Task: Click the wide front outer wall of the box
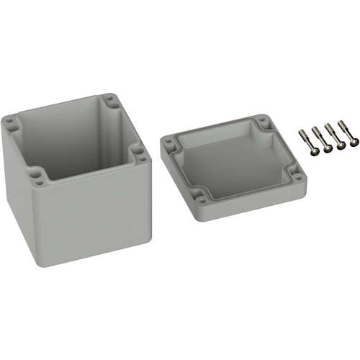94,223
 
